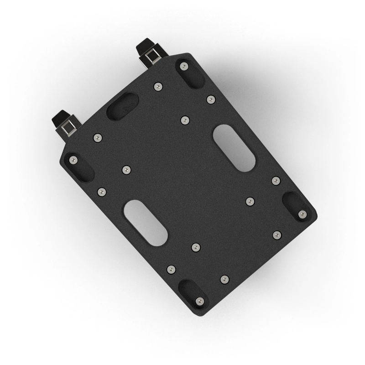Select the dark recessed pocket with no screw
click(x=122, y=106)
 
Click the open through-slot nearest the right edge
click(x=234, y=148)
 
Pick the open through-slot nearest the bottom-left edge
click(x=145, y=223)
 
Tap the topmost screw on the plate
click(x=184, y=66)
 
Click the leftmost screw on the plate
click(x=73, y=160)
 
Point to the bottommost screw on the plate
click(x=199, y=301)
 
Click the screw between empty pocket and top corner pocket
click(x=158, y=86)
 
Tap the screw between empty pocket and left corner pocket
click(x=97, y=137)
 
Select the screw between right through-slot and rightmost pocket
click(x=276, y=181)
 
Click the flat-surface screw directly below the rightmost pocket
click(x=277, y=235)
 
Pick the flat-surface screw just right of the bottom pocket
click(x=224, y=279)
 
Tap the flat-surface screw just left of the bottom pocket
click(x=171, y=269)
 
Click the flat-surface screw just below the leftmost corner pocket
click(x=102, y=192)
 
